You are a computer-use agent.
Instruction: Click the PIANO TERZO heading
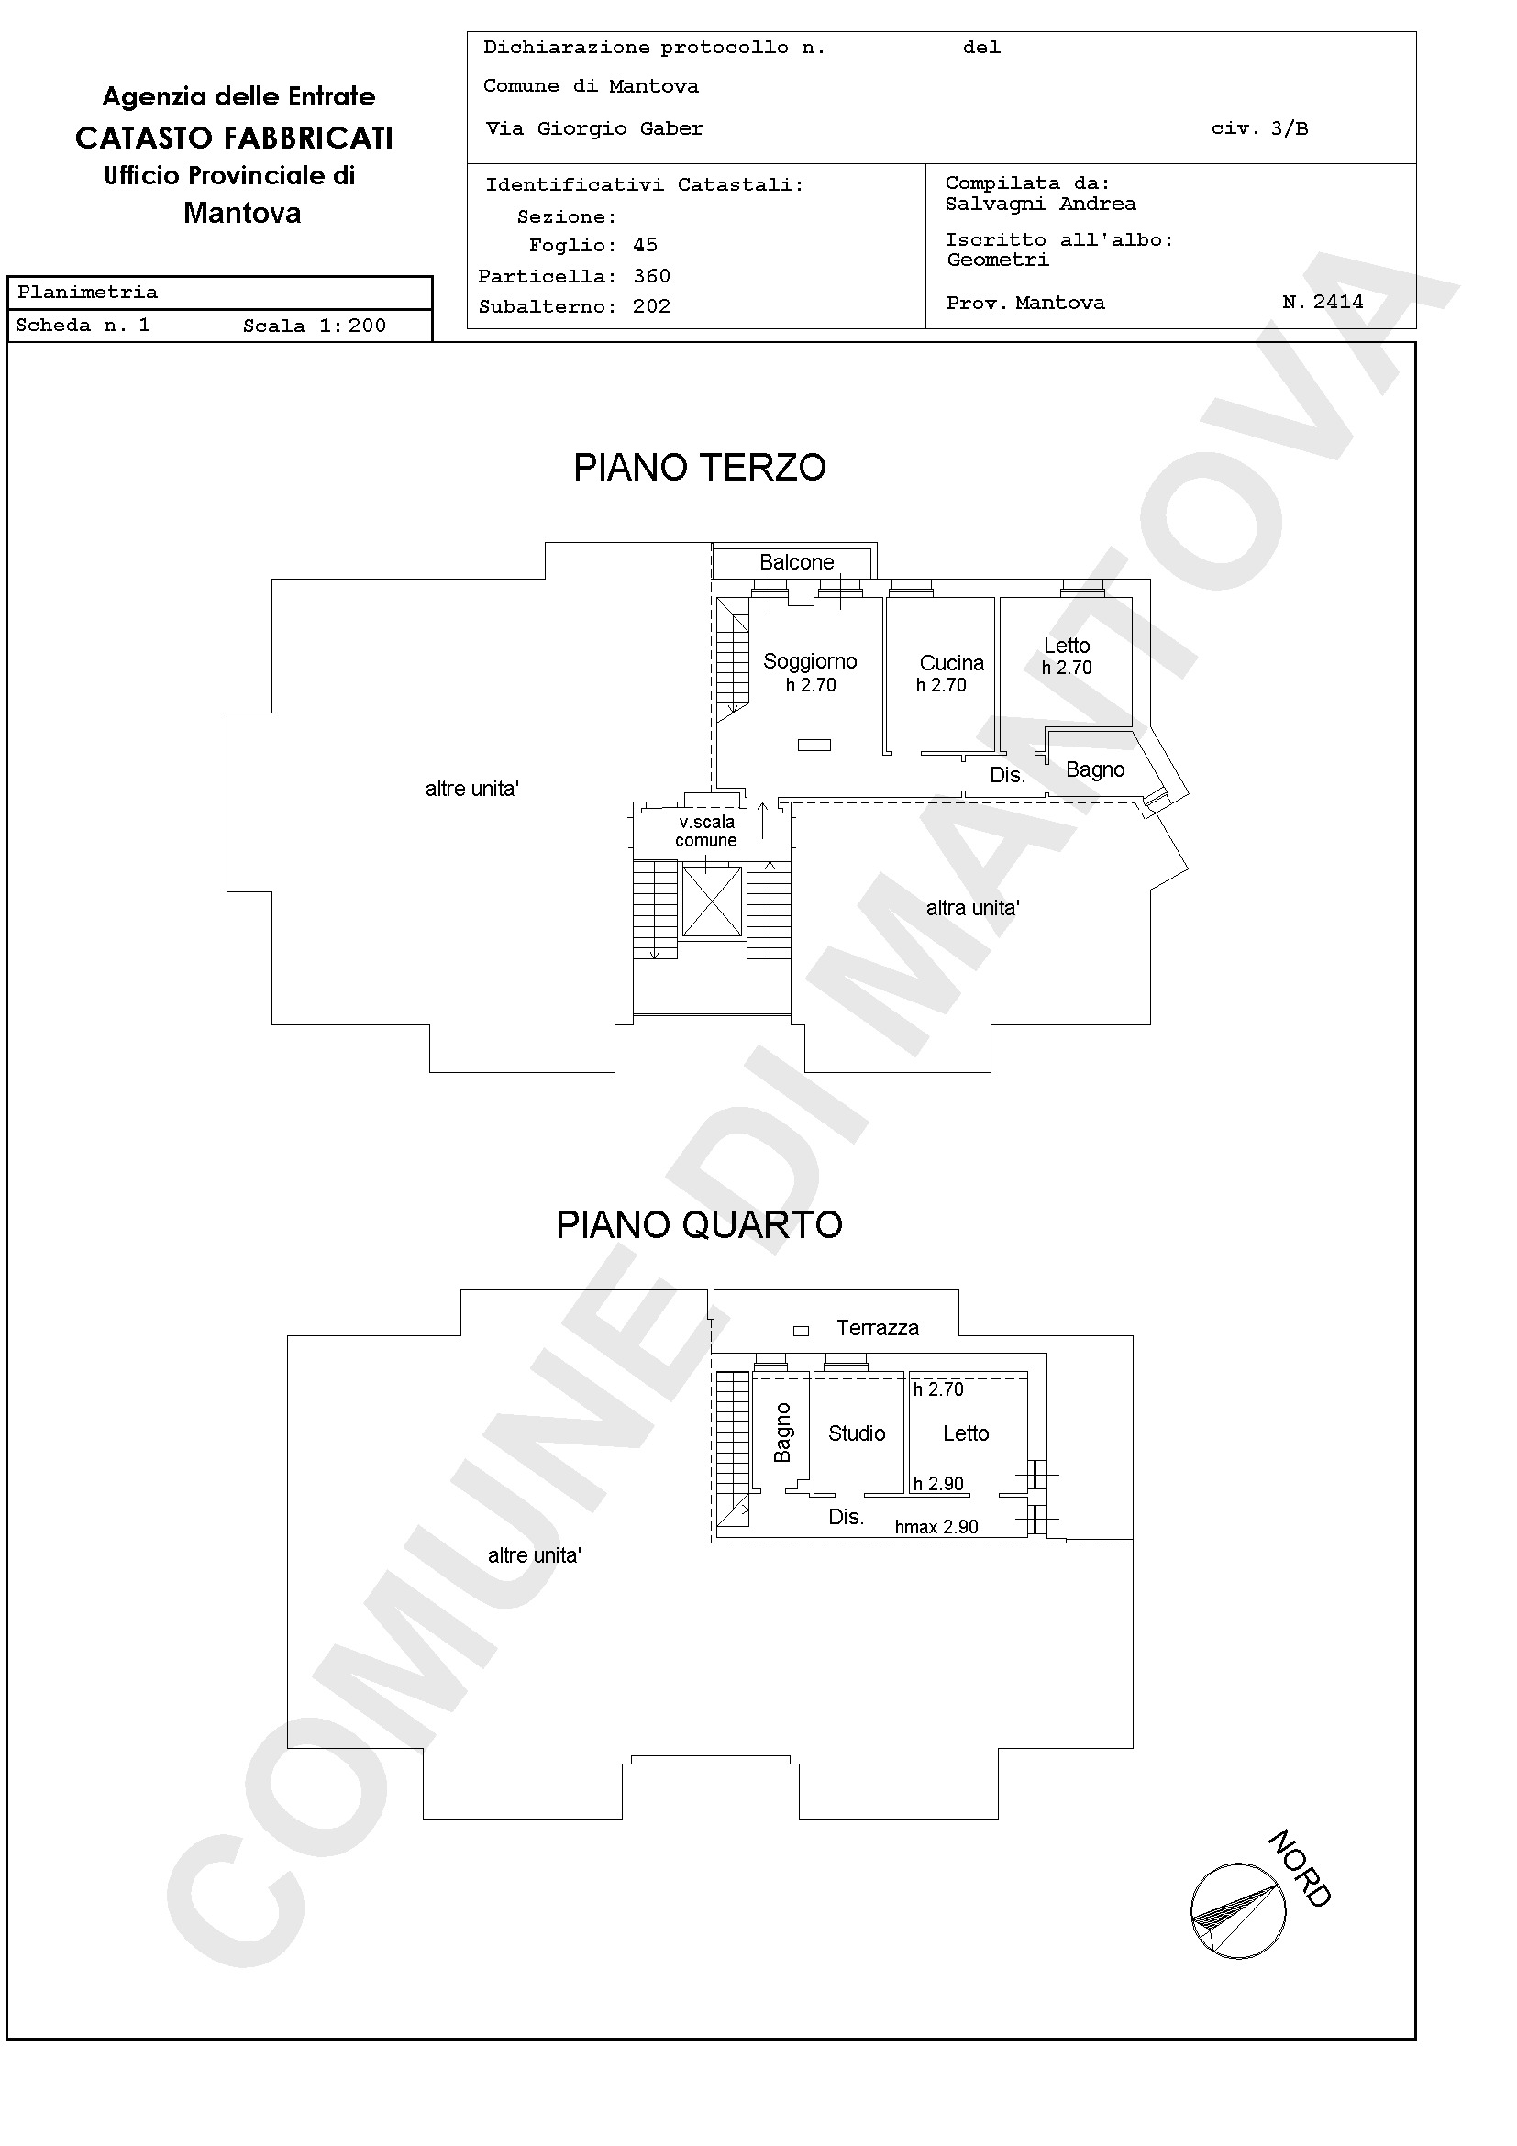click(x=699, y=468)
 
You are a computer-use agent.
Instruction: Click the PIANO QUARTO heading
click(x=699, y=1224)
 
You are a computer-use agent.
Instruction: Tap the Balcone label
click(x=796, y=562)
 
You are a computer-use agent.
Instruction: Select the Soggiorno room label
click(x=810, y=661)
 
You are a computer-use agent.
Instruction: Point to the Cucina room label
click(x=951, y=663)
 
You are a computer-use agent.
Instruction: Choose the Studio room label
click(x=856, y=1433)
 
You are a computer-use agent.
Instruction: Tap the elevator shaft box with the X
click(x=712, y=901)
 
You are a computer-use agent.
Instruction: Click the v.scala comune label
click(x=706, y=831)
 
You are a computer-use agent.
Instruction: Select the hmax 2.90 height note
click(x=936, y=1526)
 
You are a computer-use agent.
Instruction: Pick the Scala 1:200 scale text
click(x=314, y=326)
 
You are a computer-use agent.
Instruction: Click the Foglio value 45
click(x=645, y=245)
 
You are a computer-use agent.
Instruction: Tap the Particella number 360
click(x=651, y=276)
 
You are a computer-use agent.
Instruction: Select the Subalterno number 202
click(x=651, y=306)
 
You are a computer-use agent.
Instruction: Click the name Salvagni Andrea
click(x=1040, y=204)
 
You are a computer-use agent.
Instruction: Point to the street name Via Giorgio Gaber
click(x=594, y=129)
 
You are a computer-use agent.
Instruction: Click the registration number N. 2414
click(x=1323, y=302)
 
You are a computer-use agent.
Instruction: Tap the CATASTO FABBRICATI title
click(x=235, y=138)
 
